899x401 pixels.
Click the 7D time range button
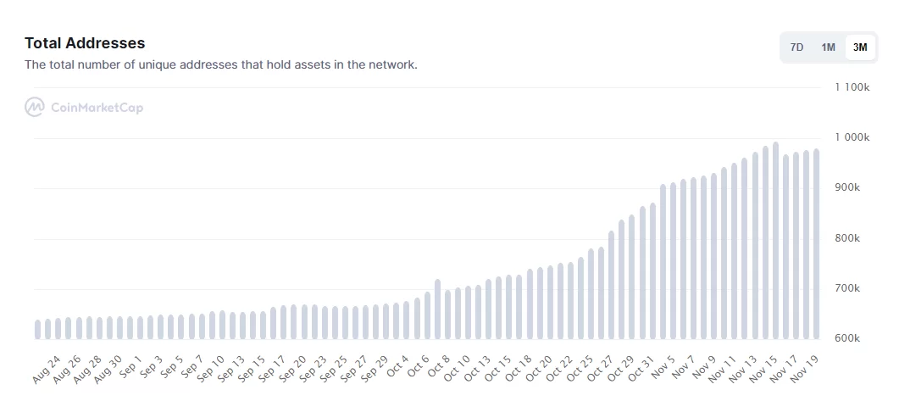pos(796,47)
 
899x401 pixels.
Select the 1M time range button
pos(828,47)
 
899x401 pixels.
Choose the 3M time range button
pos(860,47)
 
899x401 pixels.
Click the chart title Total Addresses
pos(85,43)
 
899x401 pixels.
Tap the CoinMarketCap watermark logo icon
pos(35,108)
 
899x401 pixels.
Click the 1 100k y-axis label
pos(852,87)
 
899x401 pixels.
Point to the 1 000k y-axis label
pos(852,137)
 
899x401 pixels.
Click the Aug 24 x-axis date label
pos(47,367)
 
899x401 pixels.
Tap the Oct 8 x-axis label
pos(438,366)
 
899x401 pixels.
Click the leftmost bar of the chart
pos(38,330)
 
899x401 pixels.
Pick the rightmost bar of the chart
pos(816,246)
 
